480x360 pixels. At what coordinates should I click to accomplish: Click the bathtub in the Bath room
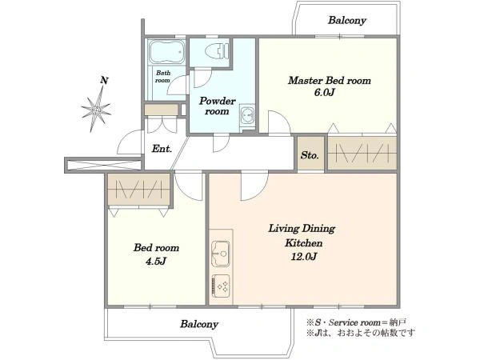[166, 52]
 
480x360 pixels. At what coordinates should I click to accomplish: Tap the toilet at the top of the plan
[217, 50]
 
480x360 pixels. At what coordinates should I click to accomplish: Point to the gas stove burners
[221, 286]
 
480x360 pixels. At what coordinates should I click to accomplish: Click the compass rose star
[96, 110]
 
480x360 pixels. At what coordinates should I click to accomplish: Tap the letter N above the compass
[104, 81]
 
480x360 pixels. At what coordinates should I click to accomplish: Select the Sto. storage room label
[310, 155]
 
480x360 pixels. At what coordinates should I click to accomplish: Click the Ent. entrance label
[162, 149]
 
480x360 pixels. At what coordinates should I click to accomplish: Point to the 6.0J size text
[324, 92]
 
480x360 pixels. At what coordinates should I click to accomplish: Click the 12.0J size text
[303, 257]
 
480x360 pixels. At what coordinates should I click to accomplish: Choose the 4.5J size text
[156, 261]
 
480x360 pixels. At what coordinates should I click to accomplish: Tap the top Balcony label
[347, 21]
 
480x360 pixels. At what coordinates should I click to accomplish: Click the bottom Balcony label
[199, 324]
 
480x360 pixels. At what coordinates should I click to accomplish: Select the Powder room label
[217, 106]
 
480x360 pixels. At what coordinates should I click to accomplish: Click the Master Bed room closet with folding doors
[362, 153]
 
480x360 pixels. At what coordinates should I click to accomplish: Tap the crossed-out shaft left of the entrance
[102, 165]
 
